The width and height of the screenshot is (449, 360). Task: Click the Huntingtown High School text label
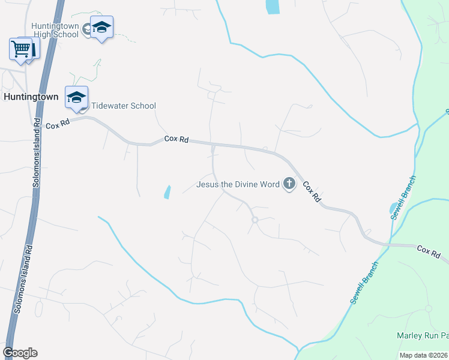[x=56, y=30]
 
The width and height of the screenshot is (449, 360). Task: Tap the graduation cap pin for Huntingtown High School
[x=102, y=28]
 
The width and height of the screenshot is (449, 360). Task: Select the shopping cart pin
[x=22, y=49]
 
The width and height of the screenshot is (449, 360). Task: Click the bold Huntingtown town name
[x=31, y=96]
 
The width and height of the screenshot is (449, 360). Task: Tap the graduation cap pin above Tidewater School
[x=77, y=98]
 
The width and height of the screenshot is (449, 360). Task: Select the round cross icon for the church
[x=289, y=184]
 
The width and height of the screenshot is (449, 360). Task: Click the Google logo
[x=20, y=353]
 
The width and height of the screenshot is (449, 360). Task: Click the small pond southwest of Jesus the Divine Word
[x=166, y=192]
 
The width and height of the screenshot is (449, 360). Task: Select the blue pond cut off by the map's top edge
[x=273, y=7]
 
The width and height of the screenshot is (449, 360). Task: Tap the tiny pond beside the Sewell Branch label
[x=393, y=208]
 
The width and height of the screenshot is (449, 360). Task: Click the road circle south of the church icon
[x=255, y=220]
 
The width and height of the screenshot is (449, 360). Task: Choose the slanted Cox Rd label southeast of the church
[x=311, y=191]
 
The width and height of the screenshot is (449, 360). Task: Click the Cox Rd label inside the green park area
[x=429, y=251]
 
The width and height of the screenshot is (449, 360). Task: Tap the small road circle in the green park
[x=428, y=308]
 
